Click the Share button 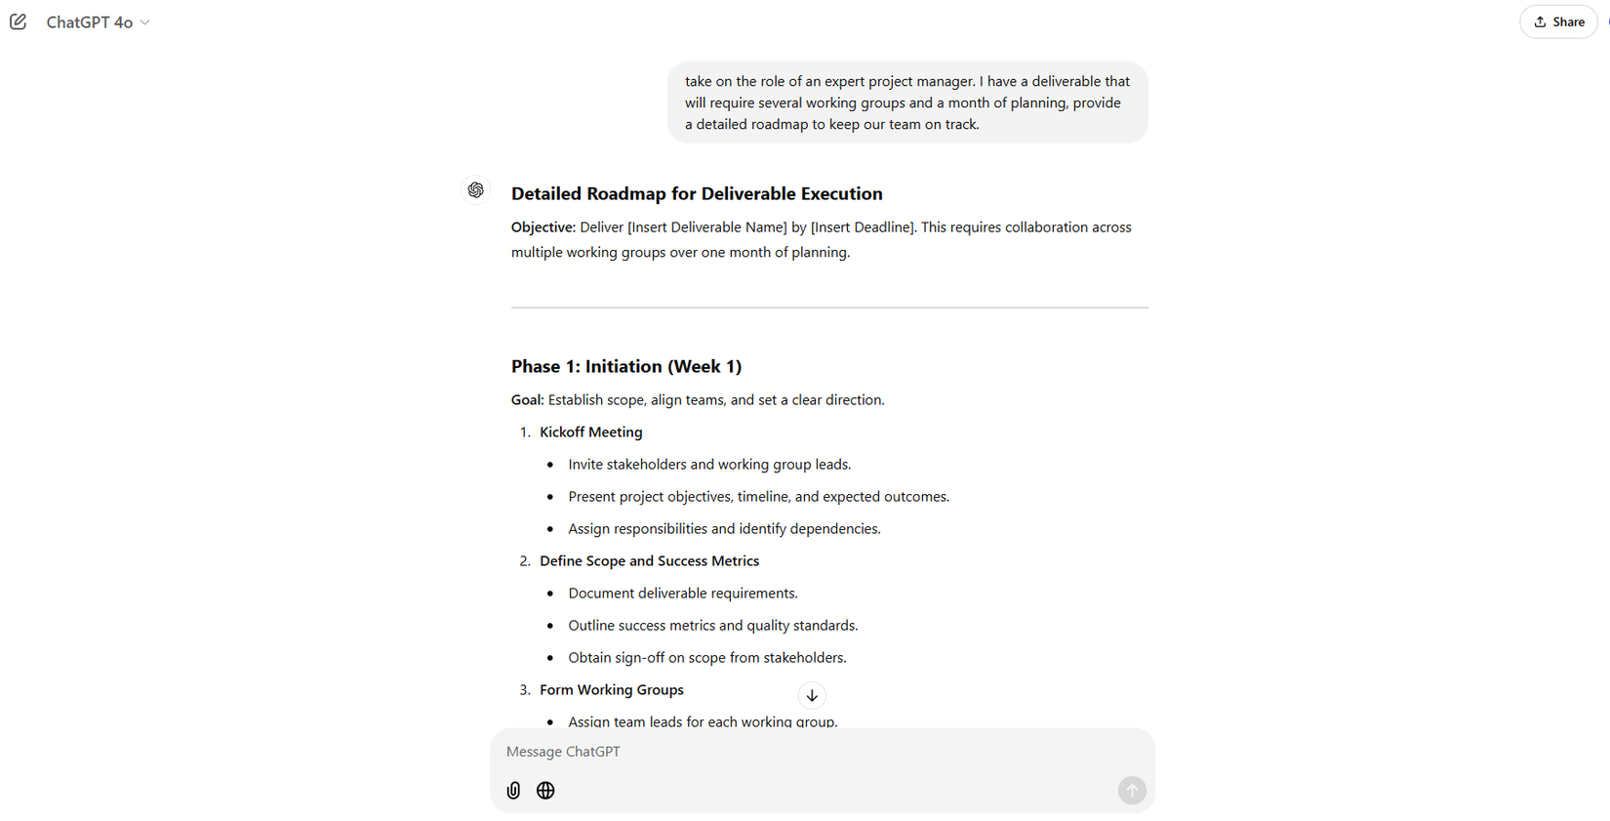(x=1559, y=21)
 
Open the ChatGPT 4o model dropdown (x=98, y=22)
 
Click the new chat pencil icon (x=19, y=21)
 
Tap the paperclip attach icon (x=513, y=791)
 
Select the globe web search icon (x=545, y=791)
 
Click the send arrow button (x=1132, y=791)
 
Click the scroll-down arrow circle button (x=812, y=695)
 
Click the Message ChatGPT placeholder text (x=563, y=752)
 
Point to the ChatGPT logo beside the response (x=476, y=190)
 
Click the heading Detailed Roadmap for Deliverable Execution (x=697, y=193)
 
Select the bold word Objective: (x=543, y=227)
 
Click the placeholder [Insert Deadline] (x=863, y=227)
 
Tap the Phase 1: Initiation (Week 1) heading (x=626, y=366)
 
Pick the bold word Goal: (x=528, y=400)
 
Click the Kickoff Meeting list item (x=590, y=432)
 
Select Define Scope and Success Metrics (x=649, y=561)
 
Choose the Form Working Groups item (x=611, y=690)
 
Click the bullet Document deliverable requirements (x=683, y=594)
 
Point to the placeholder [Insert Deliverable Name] (x=706, y=227)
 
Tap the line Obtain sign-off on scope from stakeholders (x=706, y=658)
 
